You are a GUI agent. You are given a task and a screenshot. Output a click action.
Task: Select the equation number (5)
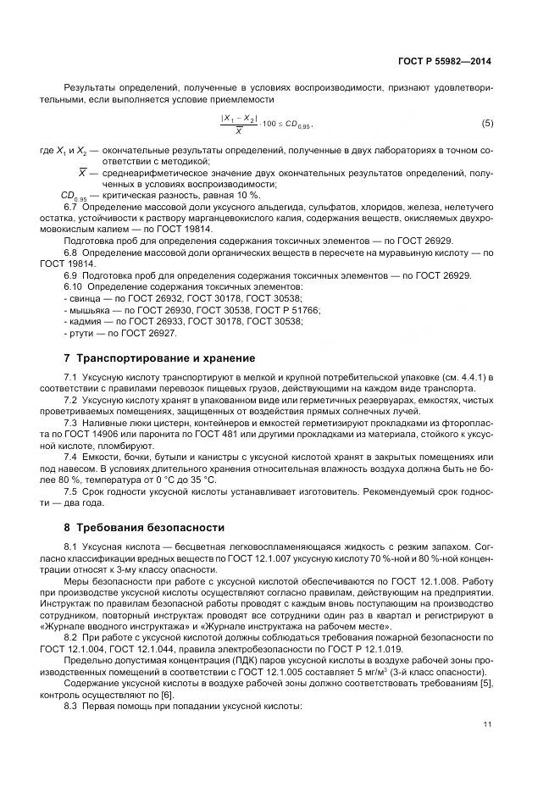coord(486,124)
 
